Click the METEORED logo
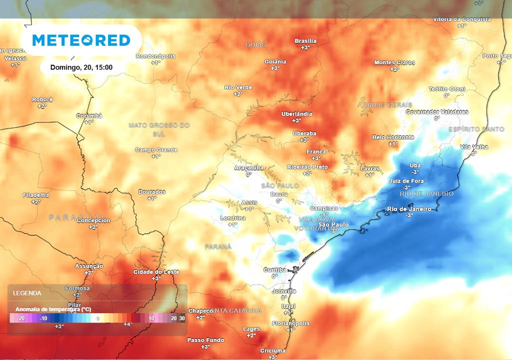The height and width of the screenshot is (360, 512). (81, 40)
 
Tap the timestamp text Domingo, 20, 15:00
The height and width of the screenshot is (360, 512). (81, 67)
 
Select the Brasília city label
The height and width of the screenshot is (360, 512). (305, 41)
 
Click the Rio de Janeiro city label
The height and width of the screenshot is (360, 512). (409, 209)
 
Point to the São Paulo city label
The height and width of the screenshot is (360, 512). (333, 225)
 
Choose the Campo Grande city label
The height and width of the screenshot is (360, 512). (156, 150)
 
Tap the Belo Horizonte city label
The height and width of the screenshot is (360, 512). (393, 137)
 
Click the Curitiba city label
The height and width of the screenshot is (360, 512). (274, 270)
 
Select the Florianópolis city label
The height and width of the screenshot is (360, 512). (290, 323)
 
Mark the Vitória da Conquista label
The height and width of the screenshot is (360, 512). (461, 19)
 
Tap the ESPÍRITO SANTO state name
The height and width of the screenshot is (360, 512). (476, 129)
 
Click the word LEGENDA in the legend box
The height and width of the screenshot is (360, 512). (27, 293)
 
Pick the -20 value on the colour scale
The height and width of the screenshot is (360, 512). (21, 318)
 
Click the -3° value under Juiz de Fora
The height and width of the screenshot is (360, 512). (406, 187)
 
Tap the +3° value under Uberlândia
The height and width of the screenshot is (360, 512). (296, 120)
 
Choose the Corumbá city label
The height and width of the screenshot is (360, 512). (89, 116)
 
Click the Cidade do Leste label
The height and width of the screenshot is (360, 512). (156, 272)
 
